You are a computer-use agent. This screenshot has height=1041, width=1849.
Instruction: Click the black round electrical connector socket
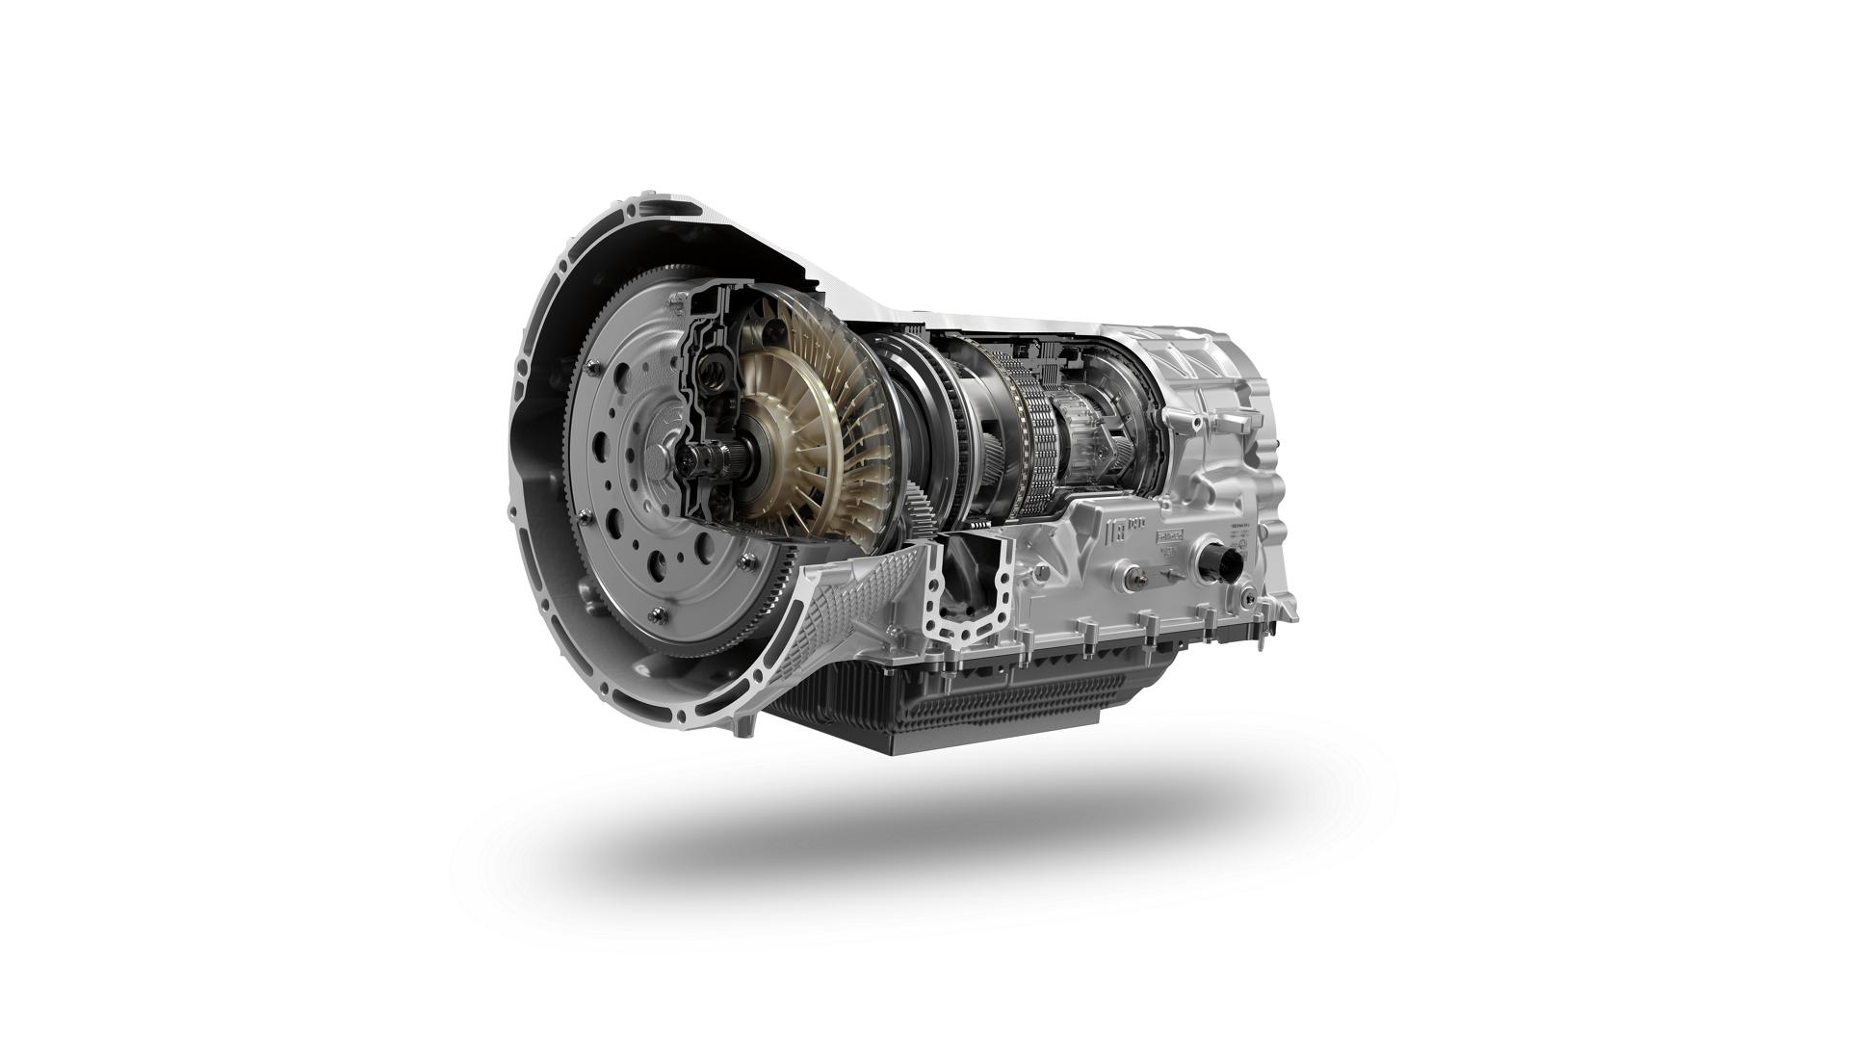(1221, 562)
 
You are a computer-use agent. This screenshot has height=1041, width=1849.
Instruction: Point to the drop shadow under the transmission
(924, 838)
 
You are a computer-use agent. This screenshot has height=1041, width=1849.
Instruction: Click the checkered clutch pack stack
(1040, 443)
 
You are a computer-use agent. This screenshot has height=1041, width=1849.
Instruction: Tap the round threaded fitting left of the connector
(1126, 578)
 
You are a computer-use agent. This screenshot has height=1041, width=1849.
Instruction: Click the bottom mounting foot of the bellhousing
(746, 727)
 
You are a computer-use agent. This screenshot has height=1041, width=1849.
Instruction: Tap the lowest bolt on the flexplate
(656, 614)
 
